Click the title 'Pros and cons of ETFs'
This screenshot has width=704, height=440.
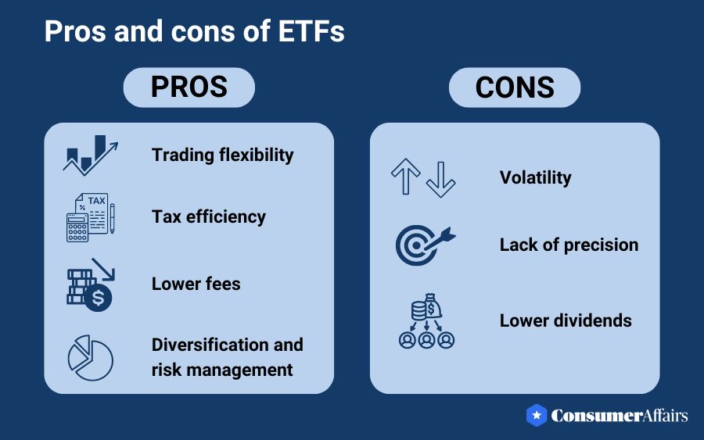click(195, 32)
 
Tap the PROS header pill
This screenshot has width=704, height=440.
click(189, 87)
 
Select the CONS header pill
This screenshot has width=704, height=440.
click(514, 87)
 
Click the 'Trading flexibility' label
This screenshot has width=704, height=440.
click(223, 155)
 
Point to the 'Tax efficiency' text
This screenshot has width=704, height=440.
click(209, 216)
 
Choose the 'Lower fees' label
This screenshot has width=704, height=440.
click(196, 283)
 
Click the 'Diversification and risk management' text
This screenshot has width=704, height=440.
click(228, 356)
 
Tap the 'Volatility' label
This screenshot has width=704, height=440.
click(536, 177)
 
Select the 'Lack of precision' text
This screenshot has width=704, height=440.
click(569, 245)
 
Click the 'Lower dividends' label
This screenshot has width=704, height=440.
click(566, 320)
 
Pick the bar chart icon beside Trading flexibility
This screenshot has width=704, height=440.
click(89, 155)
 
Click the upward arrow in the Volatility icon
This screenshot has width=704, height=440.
click(406, 177)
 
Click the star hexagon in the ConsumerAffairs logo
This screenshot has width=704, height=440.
click(536, 415)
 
